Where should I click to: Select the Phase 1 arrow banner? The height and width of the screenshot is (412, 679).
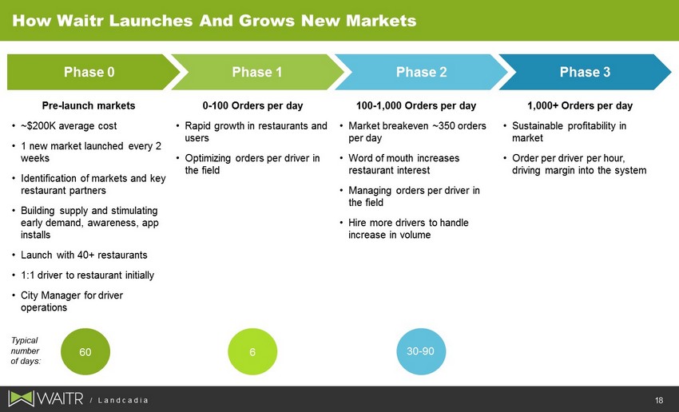point(257,72)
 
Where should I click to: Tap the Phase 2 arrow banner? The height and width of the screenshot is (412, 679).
point(421,72)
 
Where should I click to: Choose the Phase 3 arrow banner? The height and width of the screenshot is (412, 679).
point(585,72)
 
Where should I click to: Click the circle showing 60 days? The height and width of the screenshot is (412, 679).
point(85,351)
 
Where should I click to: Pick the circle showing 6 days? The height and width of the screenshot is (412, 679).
point(252,351)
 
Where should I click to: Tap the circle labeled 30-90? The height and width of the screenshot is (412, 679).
point(421,351)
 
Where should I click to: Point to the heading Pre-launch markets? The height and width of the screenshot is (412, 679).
point(89,105)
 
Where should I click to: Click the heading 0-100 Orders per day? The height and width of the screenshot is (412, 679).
point(253,105)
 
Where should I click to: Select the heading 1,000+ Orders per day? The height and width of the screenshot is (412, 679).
point(580,105)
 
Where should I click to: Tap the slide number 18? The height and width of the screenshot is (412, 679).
point(659,400)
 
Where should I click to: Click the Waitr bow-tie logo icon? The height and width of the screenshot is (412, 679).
point(21,398)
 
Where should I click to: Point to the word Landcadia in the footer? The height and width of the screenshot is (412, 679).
point(123,400)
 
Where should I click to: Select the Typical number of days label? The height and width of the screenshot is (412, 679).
point(25,351)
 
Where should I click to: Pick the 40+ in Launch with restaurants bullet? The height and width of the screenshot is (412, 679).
point(86,255)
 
